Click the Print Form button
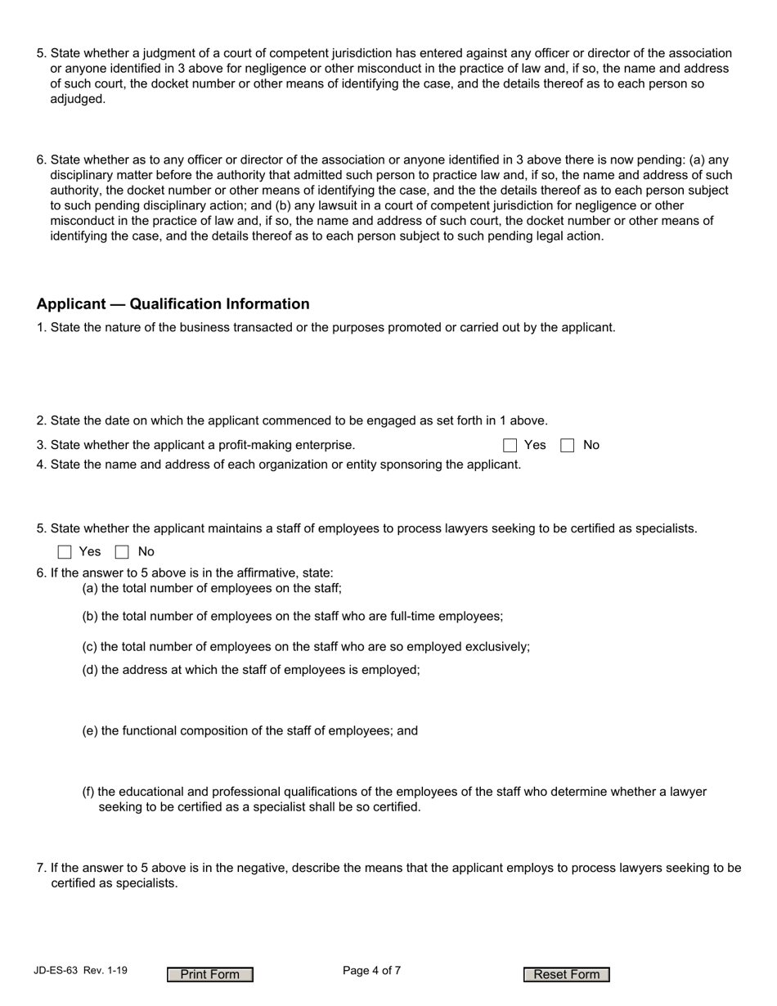(x=210, y=974)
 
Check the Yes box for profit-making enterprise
(x=510, y=446)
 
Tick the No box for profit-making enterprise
(x=567, y=446)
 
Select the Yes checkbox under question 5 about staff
(x=65, y=552)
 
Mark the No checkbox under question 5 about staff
(x=122, y=552)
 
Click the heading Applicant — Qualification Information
(x=173, y=304)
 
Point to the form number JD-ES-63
(x=56, y=971)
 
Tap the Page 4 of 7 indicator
(x=371, y=971)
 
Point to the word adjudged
(x=78, y=99)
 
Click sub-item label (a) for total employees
(x=90, y=588)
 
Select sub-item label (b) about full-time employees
(x=90, y=617)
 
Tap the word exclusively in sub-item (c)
(x=497, y=647)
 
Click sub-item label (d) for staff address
(x=90, y=670)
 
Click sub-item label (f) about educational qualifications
(x=88, y=792)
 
